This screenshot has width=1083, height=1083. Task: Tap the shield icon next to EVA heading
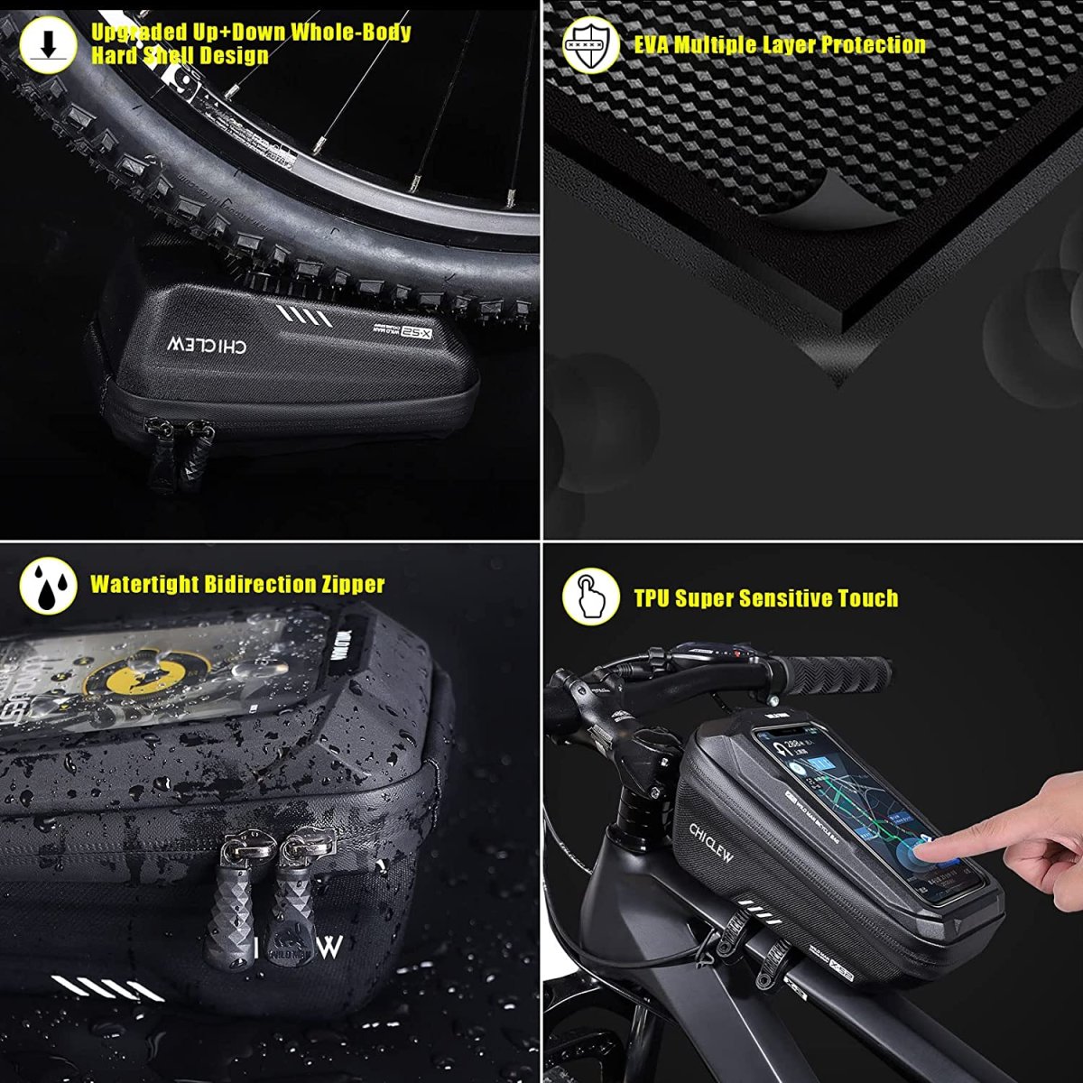click(x=591, y=44)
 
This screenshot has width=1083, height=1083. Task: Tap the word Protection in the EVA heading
click(x=873, y=44)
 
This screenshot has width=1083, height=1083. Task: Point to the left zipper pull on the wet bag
click(x=233, y=902)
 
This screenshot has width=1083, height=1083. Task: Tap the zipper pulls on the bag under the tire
click(x=180, y=456)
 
